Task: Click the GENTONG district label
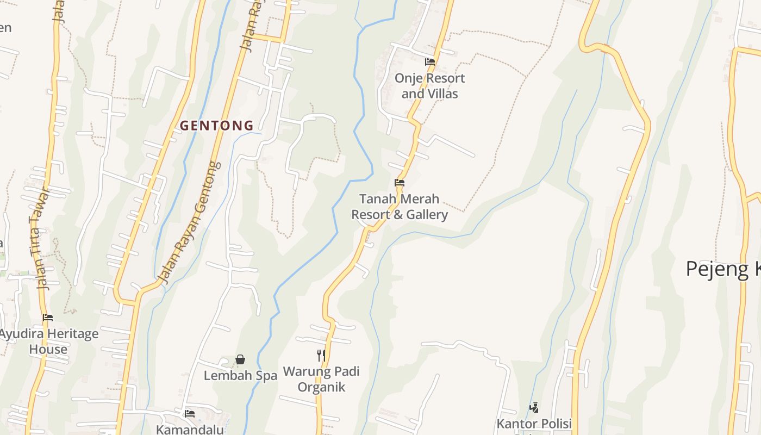(x=216, y=126)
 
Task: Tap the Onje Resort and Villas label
(x=429, y=86)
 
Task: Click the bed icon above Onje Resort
(x=429, y=62)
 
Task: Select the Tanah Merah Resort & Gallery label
(x=400, y=207)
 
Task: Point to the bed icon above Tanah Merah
(x=400, y=183)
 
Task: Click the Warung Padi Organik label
(x=321, y=380)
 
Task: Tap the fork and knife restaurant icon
(x=321, y=356)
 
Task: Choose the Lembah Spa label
(x=240, y=376)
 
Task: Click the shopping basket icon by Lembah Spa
(x=240, y=359)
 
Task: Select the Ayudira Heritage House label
(x=49, y=341)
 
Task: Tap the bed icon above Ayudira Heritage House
(x=48, y=318)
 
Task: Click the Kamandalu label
(x=190, y=429)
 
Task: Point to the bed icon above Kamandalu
(x=189, y=414)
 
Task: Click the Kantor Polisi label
(x=534, y=424)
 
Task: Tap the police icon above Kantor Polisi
(x=534, y=407)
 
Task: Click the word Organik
(x=321, y=387)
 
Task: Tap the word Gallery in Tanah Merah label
(x=427, y=215)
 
